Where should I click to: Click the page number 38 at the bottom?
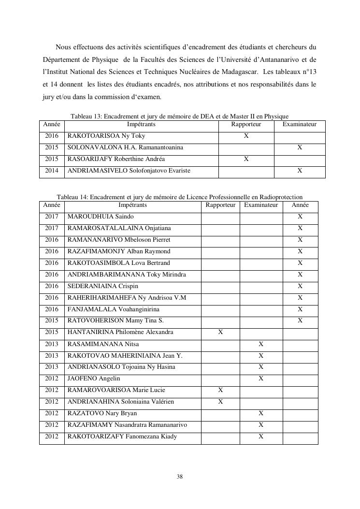(180, 477)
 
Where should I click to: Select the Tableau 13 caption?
(179, 116)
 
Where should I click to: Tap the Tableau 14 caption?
(180, 197)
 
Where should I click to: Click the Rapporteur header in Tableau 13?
(246, 125)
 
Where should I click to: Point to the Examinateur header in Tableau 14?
(261, 205)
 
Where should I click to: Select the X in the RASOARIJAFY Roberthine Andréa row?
(246, 159)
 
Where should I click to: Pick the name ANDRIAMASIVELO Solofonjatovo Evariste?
(129, 171)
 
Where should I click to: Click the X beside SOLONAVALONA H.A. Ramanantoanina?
(300, 147)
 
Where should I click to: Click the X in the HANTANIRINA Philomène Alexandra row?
(220, 333)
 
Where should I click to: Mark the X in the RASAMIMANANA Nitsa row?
(261, 344)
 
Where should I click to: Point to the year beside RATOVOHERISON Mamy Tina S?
(51, 321)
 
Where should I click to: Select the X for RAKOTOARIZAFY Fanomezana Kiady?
(261, 436)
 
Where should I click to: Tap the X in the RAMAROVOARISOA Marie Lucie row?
(220, 390)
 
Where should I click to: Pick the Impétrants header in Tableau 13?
(141, 125)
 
